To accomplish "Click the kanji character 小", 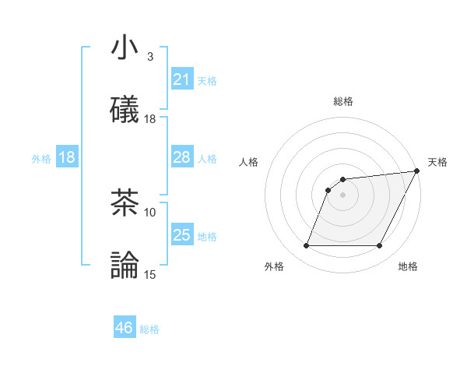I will [x=125, y=48].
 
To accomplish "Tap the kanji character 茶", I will [x=125, y=203].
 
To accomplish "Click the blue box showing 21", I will [x=181, y=79].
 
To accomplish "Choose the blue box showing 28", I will [x=181, y=157].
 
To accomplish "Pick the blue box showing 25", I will [x=181, y=235].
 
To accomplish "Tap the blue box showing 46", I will [x=124, y=328].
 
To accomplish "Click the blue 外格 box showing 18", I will [x=66, y=157].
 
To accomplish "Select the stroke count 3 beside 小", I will [x=150, y=57].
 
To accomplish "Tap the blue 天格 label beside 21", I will [x=207, y=80].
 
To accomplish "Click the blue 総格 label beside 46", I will [x=149, y=329].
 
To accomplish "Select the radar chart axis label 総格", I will [x=342, y=101].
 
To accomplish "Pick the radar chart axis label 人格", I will [x=249, y=162].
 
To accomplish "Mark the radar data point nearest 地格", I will [x=380, y=246].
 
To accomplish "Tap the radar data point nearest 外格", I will [x=306, y=246].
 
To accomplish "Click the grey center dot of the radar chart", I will [x=342, y=195].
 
